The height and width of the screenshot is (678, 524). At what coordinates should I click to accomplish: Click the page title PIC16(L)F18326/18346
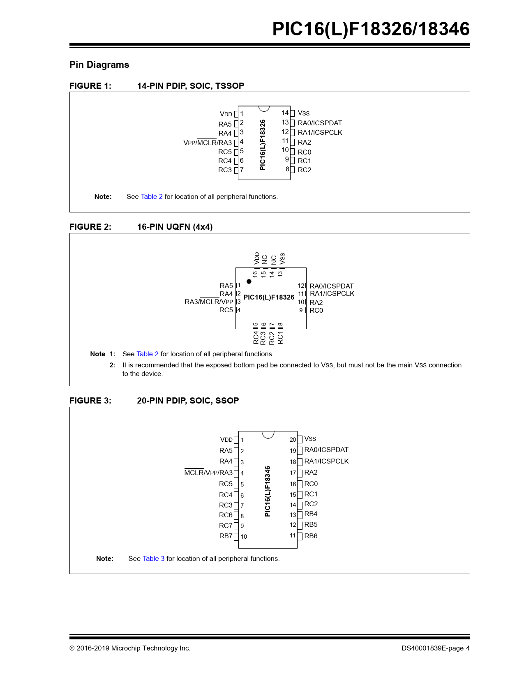click(x=371, y=29)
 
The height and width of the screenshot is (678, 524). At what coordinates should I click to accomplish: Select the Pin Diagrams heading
click(x=99, y=65)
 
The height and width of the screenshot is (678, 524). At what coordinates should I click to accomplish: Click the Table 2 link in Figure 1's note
click(x=152, y=196)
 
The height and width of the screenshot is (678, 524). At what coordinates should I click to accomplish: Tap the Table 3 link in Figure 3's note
click(x=153, y=558)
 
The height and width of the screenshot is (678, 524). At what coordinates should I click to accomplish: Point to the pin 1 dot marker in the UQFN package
click(x=249, y=281)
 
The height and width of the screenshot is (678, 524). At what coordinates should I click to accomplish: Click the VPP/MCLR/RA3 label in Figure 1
click(x=208, y=143)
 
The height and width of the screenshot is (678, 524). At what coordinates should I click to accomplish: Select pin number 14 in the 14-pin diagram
click(x=285, y=113)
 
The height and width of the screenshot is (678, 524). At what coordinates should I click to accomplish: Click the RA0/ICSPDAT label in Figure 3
click(x=326, y=450)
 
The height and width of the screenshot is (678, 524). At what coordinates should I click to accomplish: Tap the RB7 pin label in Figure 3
click(x=226, y=536)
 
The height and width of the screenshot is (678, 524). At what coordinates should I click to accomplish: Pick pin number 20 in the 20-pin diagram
click(x=293, y=440)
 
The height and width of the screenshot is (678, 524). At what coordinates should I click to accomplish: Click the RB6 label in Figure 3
click(x=311, y=536)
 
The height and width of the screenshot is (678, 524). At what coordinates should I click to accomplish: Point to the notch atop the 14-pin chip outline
click(x=264, y=108)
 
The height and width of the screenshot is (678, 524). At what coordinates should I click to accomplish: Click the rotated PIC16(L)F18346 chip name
click(x=268, y=491)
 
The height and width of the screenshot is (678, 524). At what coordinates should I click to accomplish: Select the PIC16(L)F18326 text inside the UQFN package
click(x=269, y=297)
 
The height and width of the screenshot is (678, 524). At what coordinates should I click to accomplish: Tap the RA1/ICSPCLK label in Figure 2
click(x=332, y=293)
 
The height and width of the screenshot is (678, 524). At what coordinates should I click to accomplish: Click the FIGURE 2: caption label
click(x=90, y=227)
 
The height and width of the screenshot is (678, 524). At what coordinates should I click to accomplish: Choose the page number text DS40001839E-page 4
click(x=435, y=648)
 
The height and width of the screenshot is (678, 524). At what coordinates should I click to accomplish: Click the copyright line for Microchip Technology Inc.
click(x=130, y=648)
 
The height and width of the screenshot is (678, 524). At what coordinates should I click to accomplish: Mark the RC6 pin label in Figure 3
click(x=226, y=515)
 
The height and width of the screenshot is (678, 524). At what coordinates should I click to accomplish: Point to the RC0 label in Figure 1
click(x=304, y=152)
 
